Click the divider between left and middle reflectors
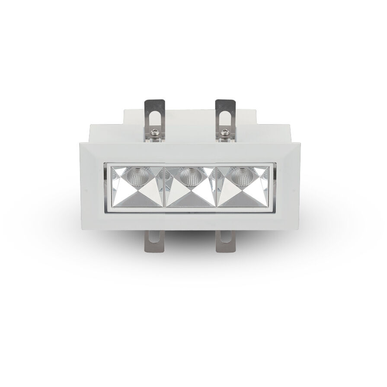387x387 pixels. (164, 186)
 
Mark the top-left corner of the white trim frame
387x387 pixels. (80, 141)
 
